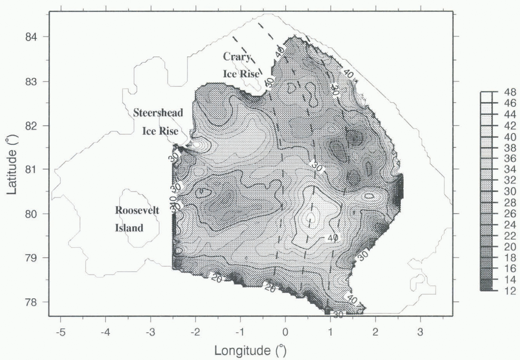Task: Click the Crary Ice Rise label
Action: point(241,65)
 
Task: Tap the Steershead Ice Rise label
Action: point(159,121)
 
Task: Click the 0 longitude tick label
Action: point(285,332)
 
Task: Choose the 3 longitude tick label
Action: point(420,332)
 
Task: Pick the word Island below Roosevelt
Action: point(129,228)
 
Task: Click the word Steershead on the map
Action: point(158,112)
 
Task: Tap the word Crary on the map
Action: point(237,56)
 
